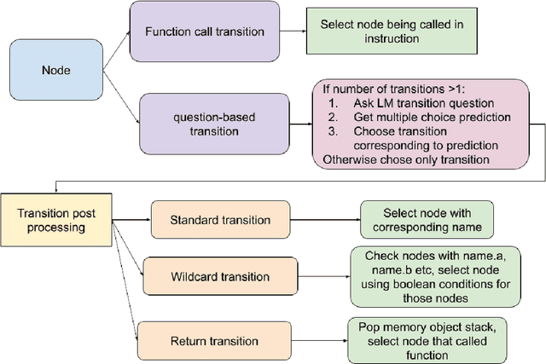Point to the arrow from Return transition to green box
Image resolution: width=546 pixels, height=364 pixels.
(x=311, y=341)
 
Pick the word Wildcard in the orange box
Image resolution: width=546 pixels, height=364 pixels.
(x=193, y=276)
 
